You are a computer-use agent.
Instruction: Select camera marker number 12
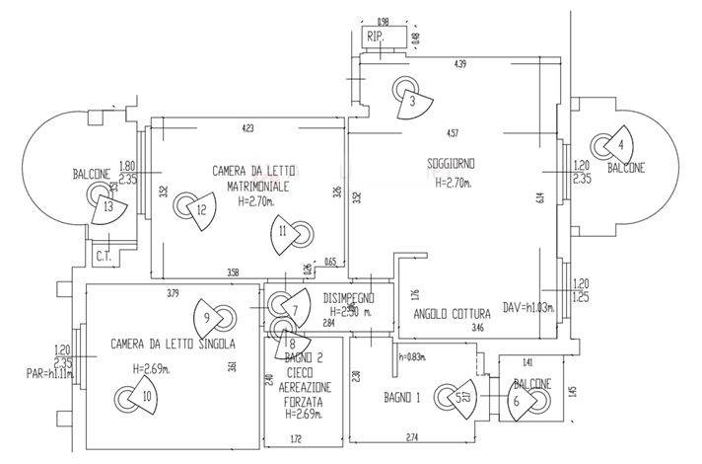pyautogui.click(x=200, y=208)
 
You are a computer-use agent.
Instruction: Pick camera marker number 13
pyautogui.click(x=108, y=207)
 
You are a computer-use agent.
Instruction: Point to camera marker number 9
pyautogui.click(x=207, y=318)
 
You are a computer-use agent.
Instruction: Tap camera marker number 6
pyautogui.click(x=516, y=402)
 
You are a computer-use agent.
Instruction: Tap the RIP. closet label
pyautogui.click(x=375, y=38)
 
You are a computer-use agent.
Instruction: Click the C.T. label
pyautogui.click(x=103, y=259)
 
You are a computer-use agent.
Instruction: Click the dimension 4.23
pyautogui.click(x=247, y=127)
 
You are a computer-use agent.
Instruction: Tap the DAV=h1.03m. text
pyautogui.click(x=528, y=306)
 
